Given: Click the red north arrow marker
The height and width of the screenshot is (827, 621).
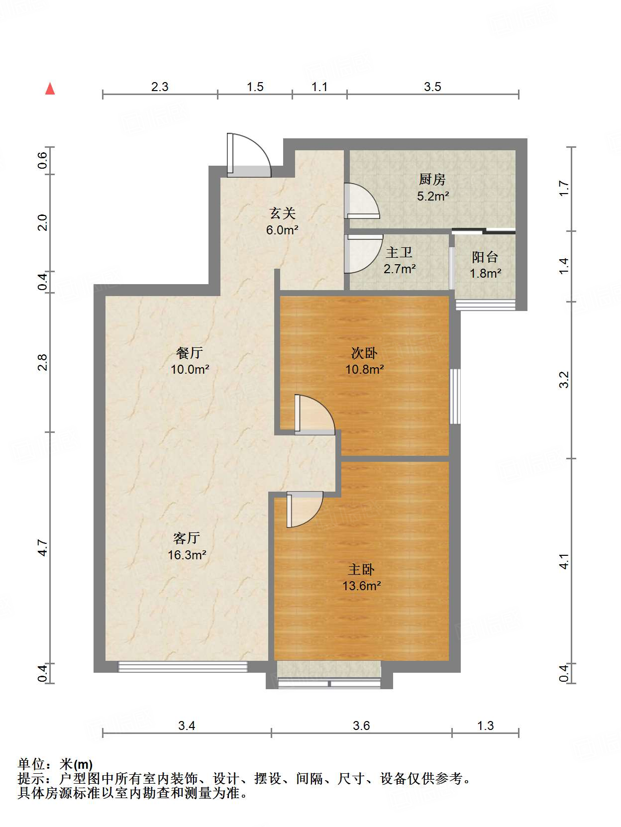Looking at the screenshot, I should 50,89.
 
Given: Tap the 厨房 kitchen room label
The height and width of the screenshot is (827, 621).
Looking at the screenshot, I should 432,179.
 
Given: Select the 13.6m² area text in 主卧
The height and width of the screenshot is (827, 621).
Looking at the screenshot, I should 361,586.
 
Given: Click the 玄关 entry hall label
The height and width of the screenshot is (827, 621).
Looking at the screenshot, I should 283,213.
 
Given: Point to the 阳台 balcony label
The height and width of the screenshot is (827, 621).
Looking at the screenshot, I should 485,257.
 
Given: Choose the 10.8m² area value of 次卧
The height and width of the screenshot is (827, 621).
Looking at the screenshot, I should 364,370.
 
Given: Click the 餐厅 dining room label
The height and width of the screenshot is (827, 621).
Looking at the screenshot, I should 189,353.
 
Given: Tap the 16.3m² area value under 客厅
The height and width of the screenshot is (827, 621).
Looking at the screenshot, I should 187,555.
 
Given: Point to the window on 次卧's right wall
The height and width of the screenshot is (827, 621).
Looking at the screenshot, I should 455,396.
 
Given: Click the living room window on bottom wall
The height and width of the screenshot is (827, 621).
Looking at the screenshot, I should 183,667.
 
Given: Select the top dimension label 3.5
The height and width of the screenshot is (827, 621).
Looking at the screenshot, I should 432,87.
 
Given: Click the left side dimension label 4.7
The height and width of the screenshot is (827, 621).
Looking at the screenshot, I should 43,548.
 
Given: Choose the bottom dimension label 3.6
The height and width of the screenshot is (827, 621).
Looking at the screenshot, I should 361,726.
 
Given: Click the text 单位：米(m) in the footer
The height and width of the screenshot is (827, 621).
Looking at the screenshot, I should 55,764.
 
